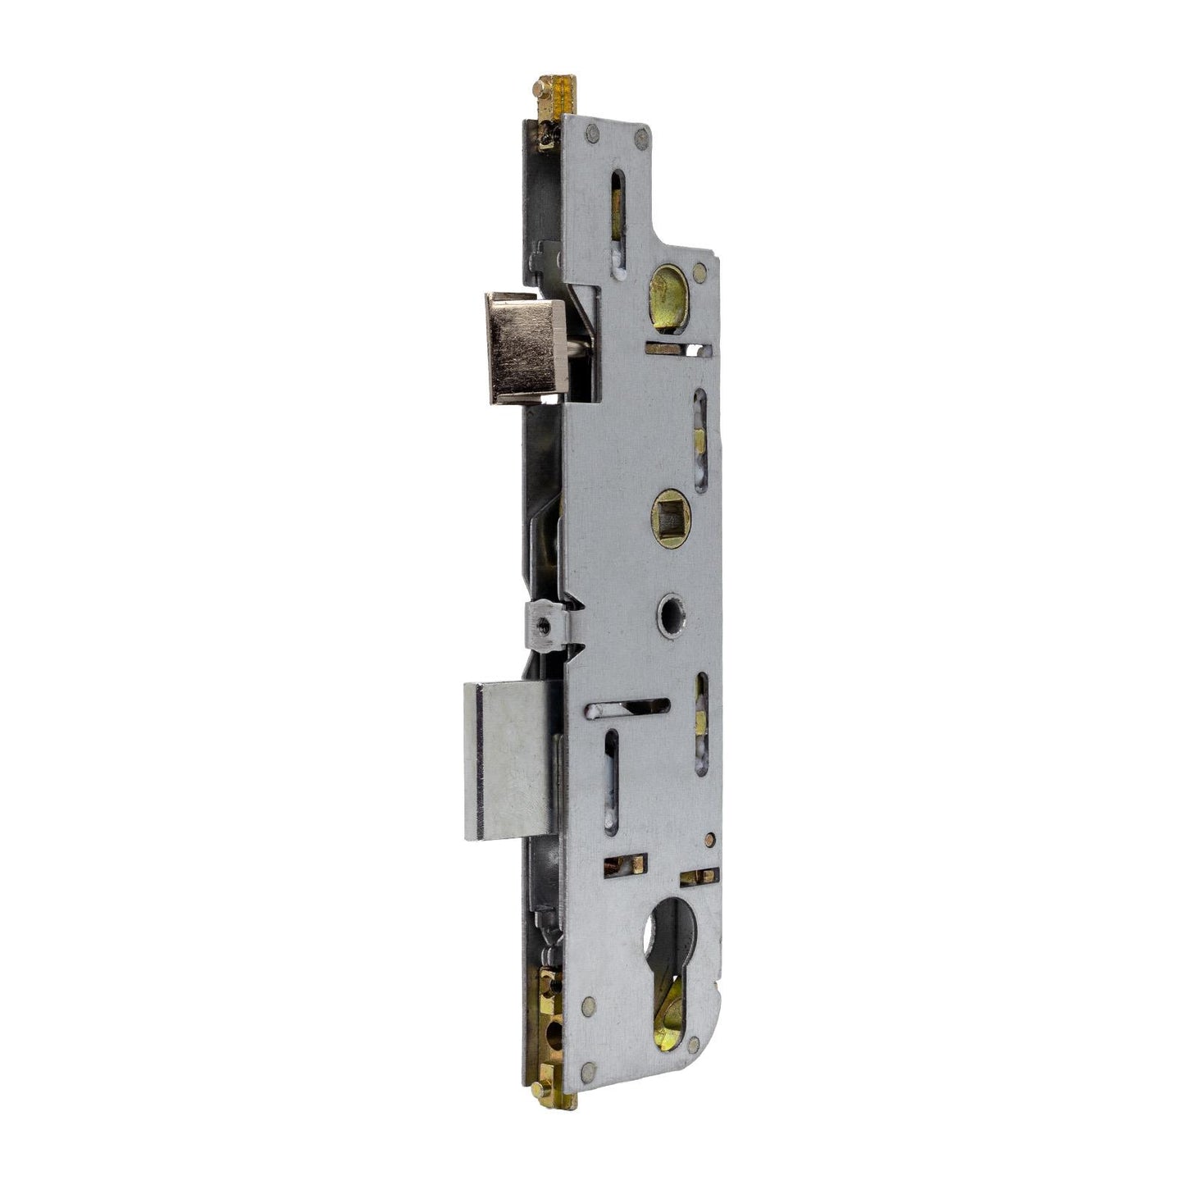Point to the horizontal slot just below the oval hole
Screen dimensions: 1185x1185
tap(677, 349)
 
